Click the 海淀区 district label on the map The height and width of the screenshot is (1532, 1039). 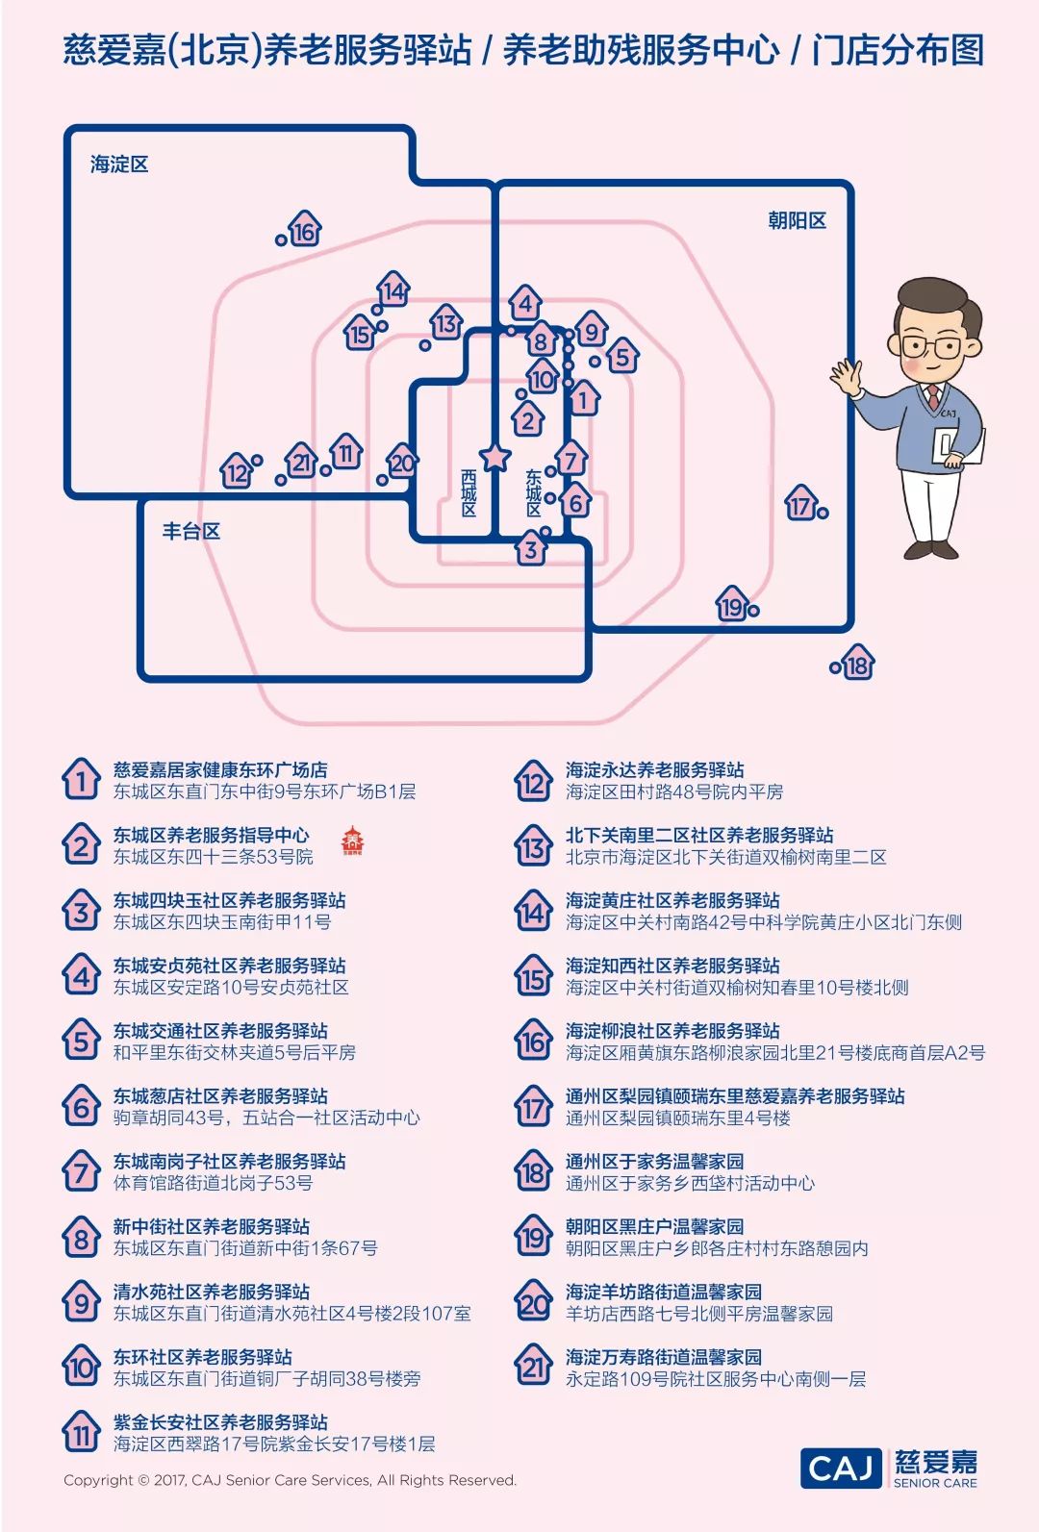(119, 164)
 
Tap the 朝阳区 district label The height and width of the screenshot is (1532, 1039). (797, 220)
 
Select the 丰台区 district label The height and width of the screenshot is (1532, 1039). (190, 531)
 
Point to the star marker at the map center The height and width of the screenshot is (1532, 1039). (494, 457)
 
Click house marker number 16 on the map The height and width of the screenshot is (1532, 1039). (304, 231)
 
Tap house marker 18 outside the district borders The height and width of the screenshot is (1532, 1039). (856, 665)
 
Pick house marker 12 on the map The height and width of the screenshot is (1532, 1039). (237, 471)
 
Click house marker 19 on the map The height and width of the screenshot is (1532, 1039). (732, 606)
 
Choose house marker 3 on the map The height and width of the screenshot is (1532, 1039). (531, 549)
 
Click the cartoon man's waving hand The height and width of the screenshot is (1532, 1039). (846, 377)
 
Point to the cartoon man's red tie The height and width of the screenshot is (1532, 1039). (932, 396)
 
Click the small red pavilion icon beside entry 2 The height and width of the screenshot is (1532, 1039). (352, 840)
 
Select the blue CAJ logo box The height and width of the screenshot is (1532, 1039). (840, 1468)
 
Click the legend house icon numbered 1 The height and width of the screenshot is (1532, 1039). (81, 780)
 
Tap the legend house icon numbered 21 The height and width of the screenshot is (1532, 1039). (533, 1367)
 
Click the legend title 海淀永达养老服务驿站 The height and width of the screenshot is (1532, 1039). (654, 769)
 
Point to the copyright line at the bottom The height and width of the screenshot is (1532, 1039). (290, 1480)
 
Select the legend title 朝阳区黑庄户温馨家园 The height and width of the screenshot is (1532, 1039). (654, 1226)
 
